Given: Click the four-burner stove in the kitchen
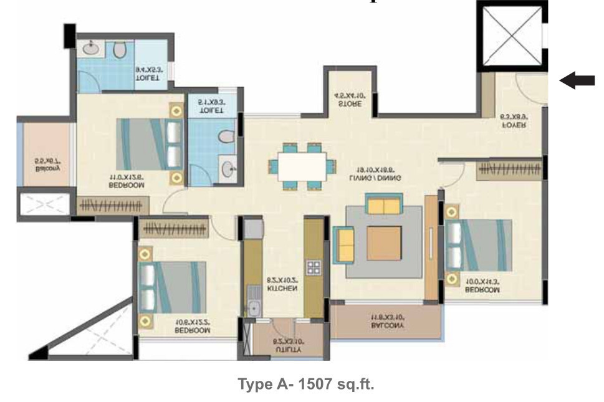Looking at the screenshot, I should pyautogui.click(x=314, y=268).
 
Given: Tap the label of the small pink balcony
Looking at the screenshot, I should pyautogui.click(x=47, y=165).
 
